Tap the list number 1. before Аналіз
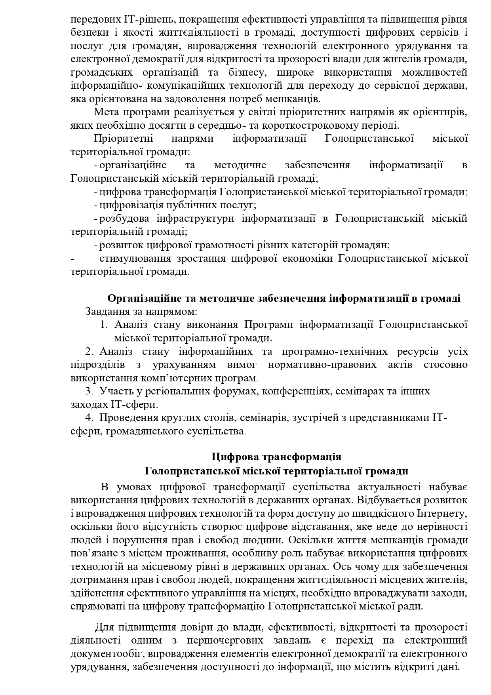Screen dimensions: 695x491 [104, 325]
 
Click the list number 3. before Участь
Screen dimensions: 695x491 [89, 391]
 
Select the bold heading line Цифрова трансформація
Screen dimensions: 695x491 [276, 457]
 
